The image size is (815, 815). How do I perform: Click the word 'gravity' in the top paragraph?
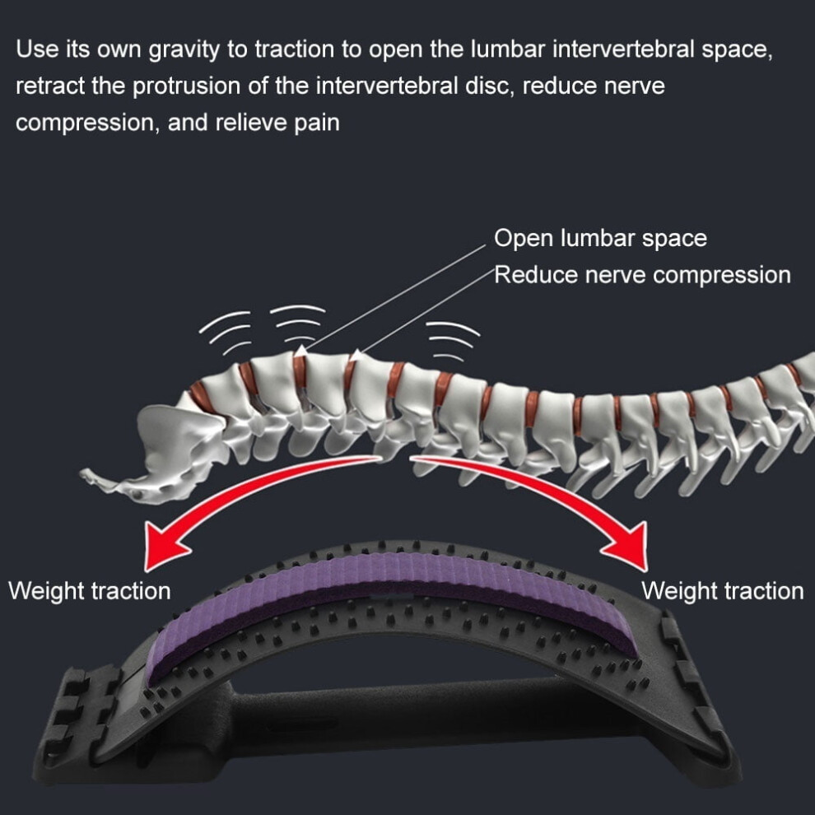point(184,50)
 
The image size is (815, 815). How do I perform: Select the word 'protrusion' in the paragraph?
point(187,86)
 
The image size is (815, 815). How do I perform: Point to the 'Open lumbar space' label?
point(600,239)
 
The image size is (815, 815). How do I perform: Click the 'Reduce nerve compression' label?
point(642,274)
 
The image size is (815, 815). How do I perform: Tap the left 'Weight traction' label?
point(90,591)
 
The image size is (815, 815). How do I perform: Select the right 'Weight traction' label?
point(723,591)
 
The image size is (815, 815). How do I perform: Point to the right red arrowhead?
point(629,546)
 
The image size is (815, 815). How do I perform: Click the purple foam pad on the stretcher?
point(395,587)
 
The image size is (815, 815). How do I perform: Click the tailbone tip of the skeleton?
point(83,473)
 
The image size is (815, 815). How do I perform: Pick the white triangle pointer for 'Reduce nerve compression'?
point(357,355)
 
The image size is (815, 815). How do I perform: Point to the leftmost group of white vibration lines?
point(225,332)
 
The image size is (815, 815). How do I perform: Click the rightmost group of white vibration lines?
point(452,341)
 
